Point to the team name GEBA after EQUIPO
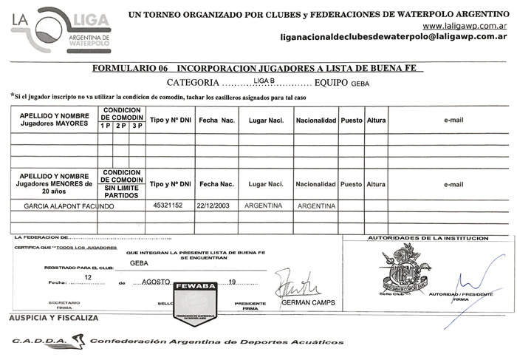pyautogui.click(x=360, y=84)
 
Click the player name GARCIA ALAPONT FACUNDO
pyautogui.click(x=69, y=206)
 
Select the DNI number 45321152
pyautogui.click(x=168, y=206)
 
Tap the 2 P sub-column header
pyautogui.click(x=120, y=126)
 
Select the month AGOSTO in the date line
pyautogui.click(x=154, y=282)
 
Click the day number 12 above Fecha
pyautogui.click(x=89, y=276)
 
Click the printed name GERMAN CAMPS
pyautogui.click(x=308, y=303)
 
